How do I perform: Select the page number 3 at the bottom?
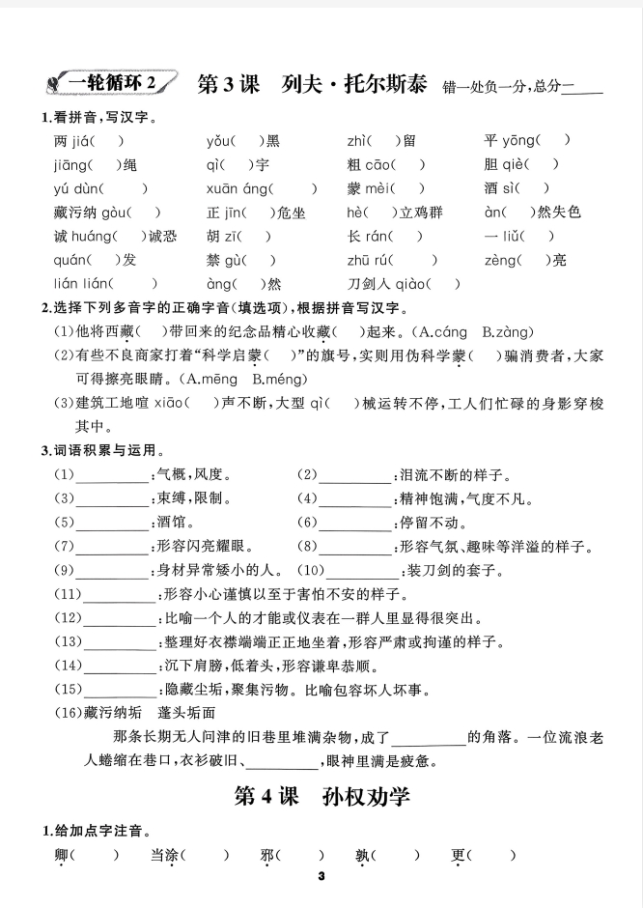pyautogui.click(x=321, y=876)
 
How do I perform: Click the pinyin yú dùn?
pyautogui.click(x=73, y=188)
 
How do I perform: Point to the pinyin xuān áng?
pyautogui.click(x=230, y=188)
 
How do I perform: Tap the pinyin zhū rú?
pyautogui.click(x=365, y=260)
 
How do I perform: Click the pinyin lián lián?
pyautogui.click(x=78, y=284)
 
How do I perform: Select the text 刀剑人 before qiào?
pyautogui.click(x=370, y=284)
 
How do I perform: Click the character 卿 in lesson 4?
pyautogui.click(x=63, y=855)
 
